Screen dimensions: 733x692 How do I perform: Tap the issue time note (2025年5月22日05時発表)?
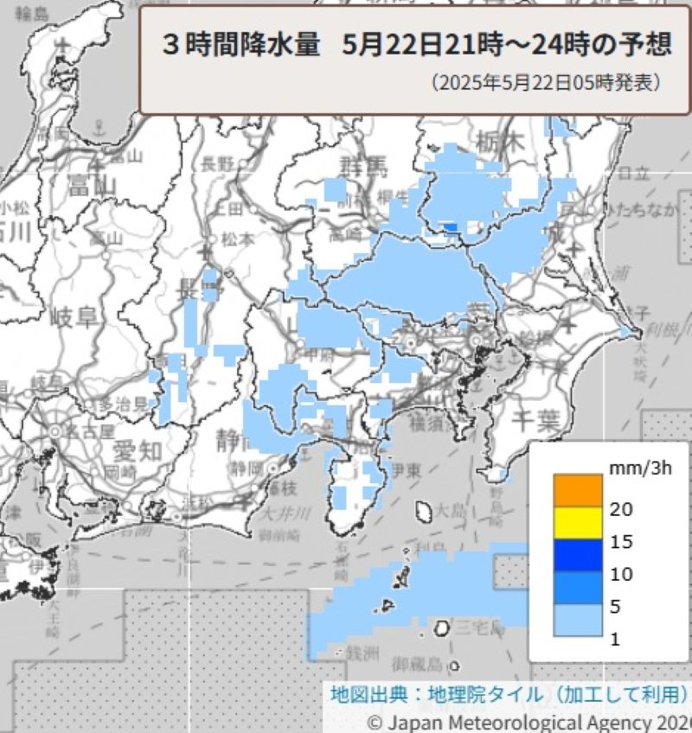click(x=547, y=84)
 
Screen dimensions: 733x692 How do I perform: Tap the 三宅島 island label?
click(x=474, y=628)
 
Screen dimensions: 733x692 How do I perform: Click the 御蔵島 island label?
click(x=418, y=665)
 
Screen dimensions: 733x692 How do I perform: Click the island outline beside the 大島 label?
click(x=425, y=512)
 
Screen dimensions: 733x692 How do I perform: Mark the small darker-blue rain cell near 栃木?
click(x=449, y=227)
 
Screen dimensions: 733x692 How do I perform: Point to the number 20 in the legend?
click(x=621, y=510)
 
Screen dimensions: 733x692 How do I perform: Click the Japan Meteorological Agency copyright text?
click(x=529, y=722)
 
